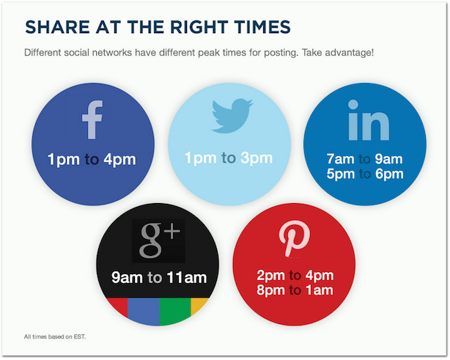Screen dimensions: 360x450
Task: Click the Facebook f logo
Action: click(x=92, y=120)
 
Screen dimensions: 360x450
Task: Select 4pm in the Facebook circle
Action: click(x=119, y=159)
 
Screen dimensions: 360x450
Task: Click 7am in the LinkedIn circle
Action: click(x=340, y=159)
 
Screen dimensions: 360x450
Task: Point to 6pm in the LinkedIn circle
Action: click(x=388, y=174)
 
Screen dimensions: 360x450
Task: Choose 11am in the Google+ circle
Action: click(x=186, y=278)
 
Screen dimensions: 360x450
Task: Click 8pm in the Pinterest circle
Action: click(x=271, y=290)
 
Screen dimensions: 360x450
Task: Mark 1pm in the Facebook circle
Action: click(x=63, y=159)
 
